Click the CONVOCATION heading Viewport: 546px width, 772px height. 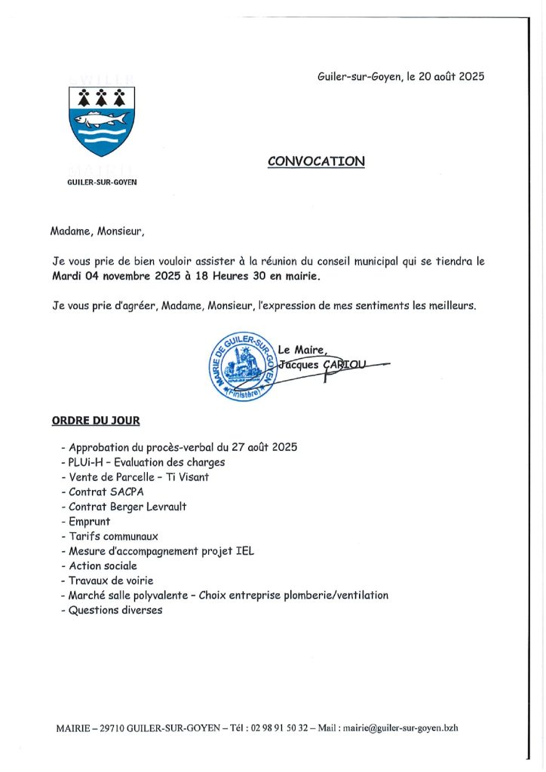click(316, 161)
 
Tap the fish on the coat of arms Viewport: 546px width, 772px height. click(101, 119)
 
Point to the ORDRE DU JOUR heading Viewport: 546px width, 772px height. click(95, 420)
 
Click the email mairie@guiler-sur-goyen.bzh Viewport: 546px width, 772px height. click(403, 728)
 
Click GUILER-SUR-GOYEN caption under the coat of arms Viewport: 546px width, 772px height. click(103, 182)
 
